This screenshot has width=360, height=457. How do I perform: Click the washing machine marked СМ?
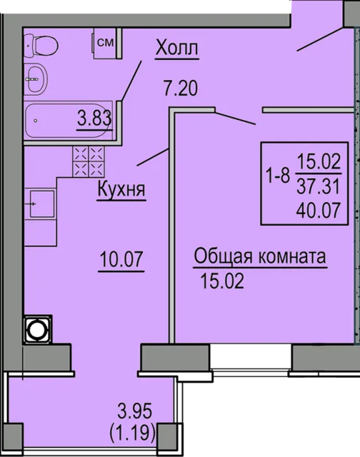[x=105, y=43]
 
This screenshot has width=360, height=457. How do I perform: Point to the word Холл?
[x=176, y=48]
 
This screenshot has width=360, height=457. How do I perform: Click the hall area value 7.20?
[x=181, y=89]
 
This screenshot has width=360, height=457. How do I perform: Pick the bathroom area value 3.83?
[x=94, y=119]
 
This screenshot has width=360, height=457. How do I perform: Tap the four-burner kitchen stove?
[x=89, y=161]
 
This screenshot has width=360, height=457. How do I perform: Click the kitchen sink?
[x=41, y=204]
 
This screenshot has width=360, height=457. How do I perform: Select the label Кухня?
[x=121, y=189]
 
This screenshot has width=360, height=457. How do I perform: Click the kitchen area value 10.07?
[x=121, y=259]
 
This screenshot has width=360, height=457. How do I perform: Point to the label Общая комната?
[x=260, y=257]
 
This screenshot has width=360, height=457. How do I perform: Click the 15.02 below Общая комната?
[x=222, y=281]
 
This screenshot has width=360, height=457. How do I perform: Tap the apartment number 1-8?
[x=278, y=176]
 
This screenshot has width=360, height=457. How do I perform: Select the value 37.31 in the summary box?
[x=319, y=186]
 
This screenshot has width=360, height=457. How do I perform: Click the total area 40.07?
[x=319, y=210]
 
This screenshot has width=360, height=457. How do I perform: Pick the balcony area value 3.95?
[x=135, y=411]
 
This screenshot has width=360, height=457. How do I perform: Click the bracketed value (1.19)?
[x=133, y=433]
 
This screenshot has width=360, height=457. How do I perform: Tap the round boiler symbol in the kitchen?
[x=38, y=330]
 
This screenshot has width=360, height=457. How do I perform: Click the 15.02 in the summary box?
[x=319, y=162]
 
